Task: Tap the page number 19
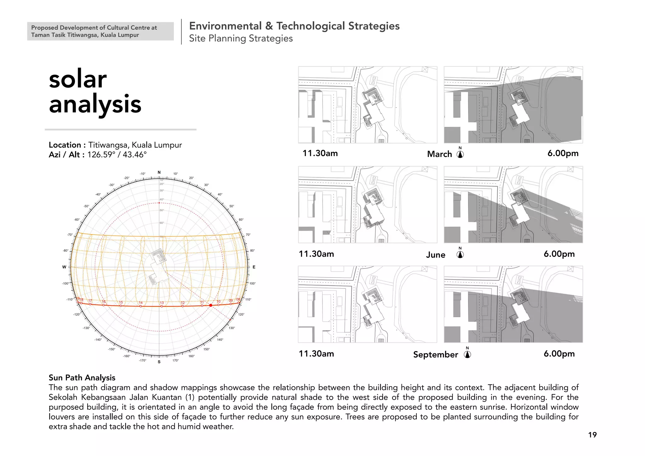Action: (x=592, y=435)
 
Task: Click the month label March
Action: (x=439, y=154)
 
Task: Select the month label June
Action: (x=436, y=255)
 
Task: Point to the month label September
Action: (x=436, y=355)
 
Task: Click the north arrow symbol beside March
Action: (x=460, y=154)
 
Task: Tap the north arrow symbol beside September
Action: (x=467, y=354)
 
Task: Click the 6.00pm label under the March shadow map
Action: (x=563, y=153)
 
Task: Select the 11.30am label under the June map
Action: (x=316, y=254)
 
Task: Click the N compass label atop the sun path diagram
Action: (x=159, y=172)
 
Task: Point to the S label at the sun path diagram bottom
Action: (x=159, y=362)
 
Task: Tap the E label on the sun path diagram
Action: (x=254, y=267)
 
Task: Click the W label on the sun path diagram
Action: (x=64, y=267)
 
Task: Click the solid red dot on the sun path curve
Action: (x=211, y=305)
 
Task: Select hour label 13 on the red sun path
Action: (x=162, y=303)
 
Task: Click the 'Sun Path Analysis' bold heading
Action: (x=82, y=378)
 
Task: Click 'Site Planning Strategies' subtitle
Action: (x=241, y=38)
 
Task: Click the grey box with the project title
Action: (x=100, y=31)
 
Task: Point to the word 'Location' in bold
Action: (x=65, y=145)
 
